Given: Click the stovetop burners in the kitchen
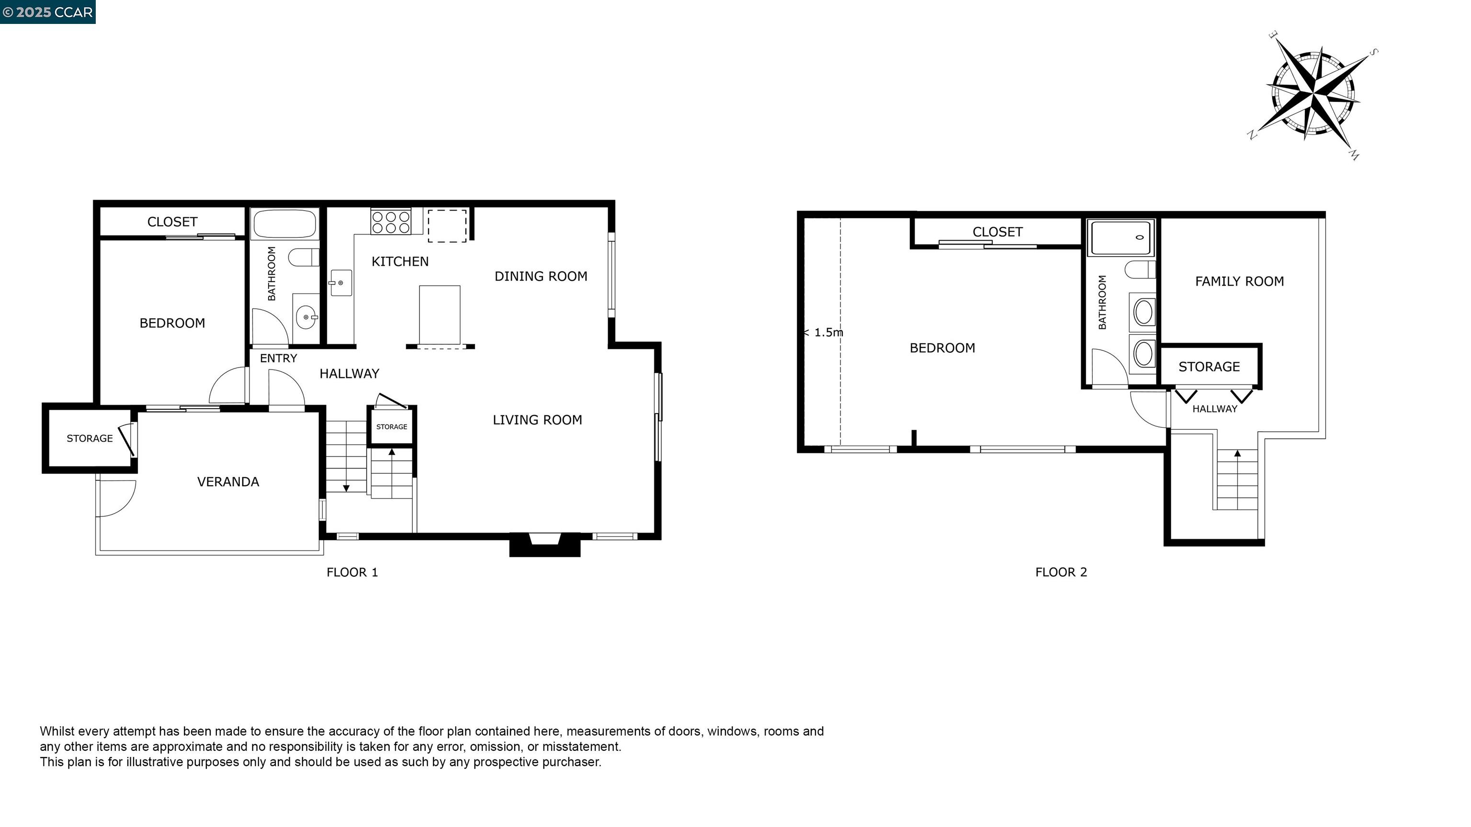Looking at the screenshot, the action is (391, 222).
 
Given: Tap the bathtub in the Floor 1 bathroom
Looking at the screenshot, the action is (284, 223).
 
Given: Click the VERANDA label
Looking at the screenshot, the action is (228, 482).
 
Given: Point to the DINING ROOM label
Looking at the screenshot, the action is (541, 276).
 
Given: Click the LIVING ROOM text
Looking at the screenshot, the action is (537, 420).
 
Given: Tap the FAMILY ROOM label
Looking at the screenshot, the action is (1239, 281).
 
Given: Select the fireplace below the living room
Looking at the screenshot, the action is (545, 545).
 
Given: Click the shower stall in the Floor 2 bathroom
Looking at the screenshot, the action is (1121, 237).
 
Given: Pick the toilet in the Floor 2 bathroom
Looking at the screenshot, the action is (1140, 269).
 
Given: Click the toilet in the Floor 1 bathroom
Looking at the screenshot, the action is (303, 257).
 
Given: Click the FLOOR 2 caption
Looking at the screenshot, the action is (1061, 572).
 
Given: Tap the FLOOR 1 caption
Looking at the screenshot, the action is (352, 572).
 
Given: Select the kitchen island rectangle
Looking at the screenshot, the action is (440, 315).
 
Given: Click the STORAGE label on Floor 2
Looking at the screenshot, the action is (1209, 367).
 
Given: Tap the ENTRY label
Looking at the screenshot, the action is (278, 358).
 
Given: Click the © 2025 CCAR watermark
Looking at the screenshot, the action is (48, 12).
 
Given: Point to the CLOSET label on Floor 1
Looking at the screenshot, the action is (172, 222).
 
